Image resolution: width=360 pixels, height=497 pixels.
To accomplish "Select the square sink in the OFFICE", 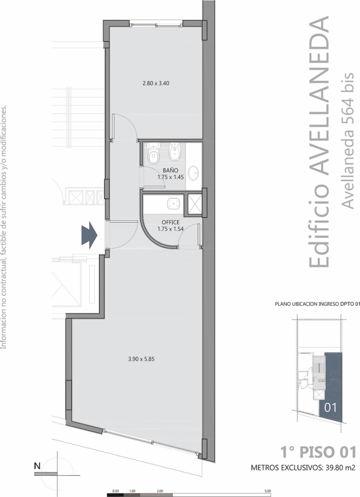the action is coord(173,204).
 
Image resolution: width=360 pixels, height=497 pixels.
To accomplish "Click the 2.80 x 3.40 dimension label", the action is coord(156,83).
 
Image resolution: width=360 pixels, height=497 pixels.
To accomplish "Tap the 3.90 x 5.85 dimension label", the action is coord(141,359).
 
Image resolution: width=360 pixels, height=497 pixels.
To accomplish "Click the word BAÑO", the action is coord(170,170).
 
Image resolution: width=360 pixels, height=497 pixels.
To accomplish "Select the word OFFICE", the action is coord(170,222).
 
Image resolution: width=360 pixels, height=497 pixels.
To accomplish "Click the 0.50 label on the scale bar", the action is coord(115,491).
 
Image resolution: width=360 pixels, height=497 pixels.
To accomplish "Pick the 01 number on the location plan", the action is coord(330,408).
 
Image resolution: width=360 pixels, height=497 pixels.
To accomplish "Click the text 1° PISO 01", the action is coord(318,452).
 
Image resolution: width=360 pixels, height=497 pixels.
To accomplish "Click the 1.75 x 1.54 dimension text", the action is coord(170,229).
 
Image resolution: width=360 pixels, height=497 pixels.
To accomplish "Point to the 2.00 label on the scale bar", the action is coord(160,491).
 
